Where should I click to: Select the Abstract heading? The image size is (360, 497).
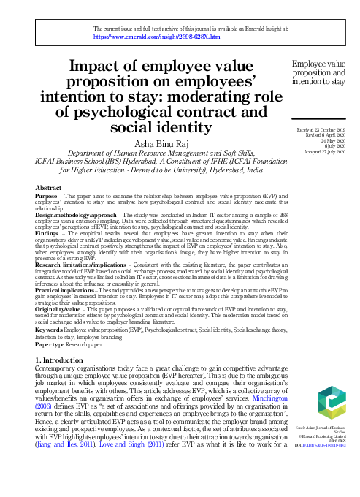[x=48, y=188]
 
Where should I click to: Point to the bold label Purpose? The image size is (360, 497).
[x=47, y=197]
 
